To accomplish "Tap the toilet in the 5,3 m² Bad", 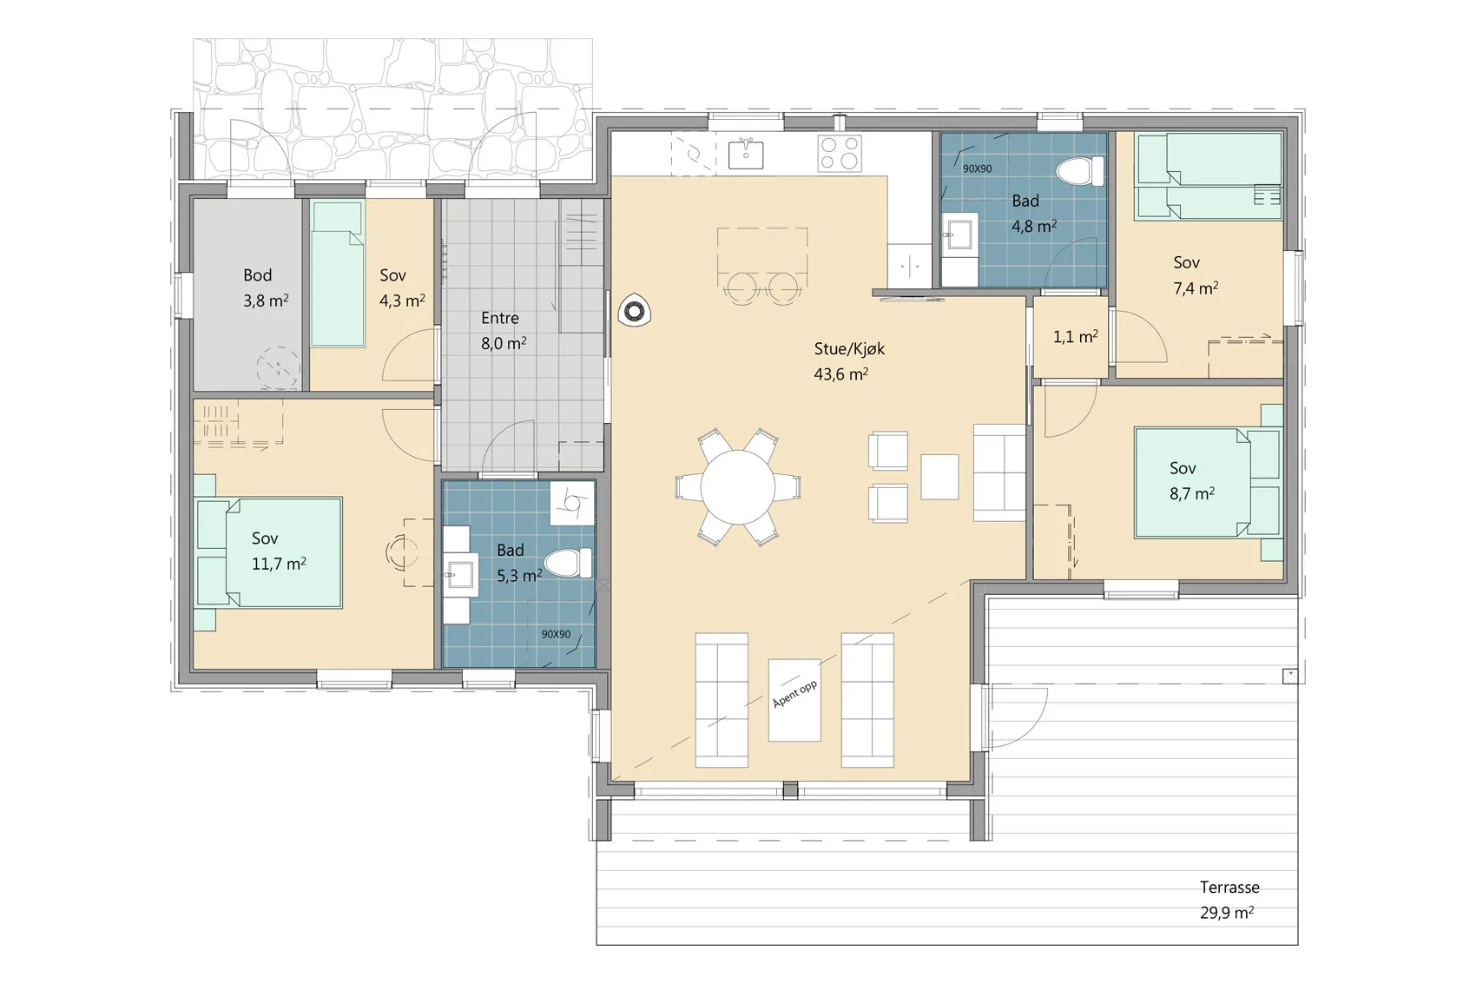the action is pyautogui.click(x=568, y=563).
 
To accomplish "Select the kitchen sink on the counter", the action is pyautogui.click(x=746, y=155).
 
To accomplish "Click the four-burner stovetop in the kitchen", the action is pyautogui.click(x=840, y=153).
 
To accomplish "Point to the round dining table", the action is pyautogui.click(x=738, y=488).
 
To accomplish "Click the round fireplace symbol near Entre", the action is pyautogui.click(x=634, y=310).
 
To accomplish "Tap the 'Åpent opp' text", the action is pyautogui.click(x=794, y=694).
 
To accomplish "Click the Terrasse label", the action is pyautogui.click(x=1229, y=887).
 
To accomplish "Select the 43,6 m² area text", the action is pyautogui.click(x=840, y=374).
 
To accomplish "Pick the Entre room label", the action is pyautogui.click(x=500, y=319).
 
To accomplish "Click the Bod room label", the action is pyautogui.click(x=258, y=274).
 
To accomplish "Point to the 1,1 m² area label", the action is pyautogui.click(x=1076, y=337).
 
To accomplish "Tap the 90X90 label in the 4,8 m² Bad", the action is pyautogui.click(x=977, y=168).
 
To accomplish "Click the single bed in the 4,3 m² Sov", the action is pyautogui.click(x=337, y=274).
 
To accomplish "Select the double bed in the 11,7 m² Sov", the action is pyautogui.click(x=269, y=552).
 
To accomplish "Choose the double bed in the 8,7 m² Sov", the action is pyautogui.click(x=1207, y=482).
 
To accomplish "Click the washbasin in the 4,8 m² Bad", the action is pyautogui.click(x=959, y=234).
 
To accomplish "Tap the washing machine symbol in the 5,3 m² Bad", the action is pyautogui.click(x=572, y=502).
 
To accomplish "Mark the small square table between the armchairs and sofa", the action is pyautogui.click(x=939, y=477).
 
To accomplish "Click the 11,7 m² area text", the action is pyautogui.click(x=279, y=565).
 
